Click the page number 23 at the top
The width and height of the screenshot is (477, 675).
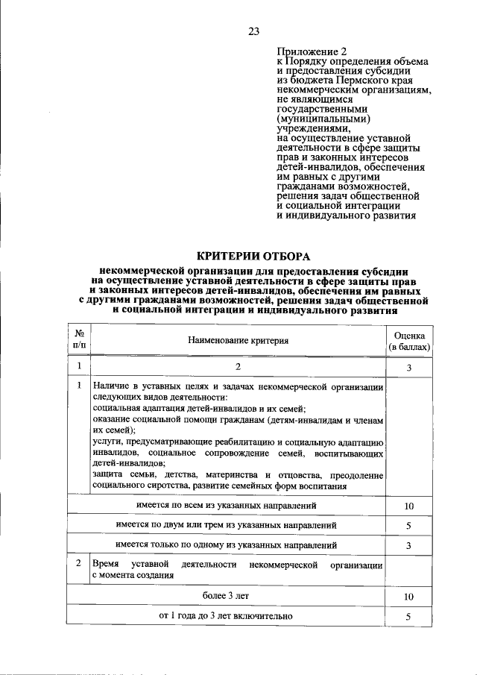click(x=253, y=31)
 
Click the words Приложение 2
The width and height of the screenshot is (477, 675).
click(x=306, y=51)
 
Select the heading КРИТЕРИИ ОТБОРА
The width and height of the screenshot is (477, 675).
click(x=253, y=255)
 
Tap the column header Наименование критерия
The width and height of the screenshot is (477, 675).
click(x=238, y=340)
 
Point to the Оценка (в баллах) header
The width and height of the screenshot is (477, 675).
click(x=409, y=341)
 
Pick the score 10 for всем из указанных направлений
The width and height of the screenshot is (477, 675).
click(x=408, y=506)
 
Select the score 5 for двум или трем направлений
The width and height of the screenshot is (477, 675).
click(x=408, y=526)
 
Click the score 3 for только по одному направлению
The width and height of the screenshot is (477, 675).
click(x=408, y=545)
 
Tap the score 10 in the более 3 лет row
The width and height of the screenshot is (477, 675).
click(x=408, y=597)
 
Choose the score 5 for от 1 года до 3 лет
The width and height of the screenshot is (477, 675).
click(x=408, y=616)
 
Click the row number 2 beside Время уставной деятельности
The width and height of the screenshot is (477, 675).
click(x=79, y=563)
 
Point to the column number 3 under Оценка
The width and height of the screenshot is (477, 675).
click(x=408, y=367)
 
